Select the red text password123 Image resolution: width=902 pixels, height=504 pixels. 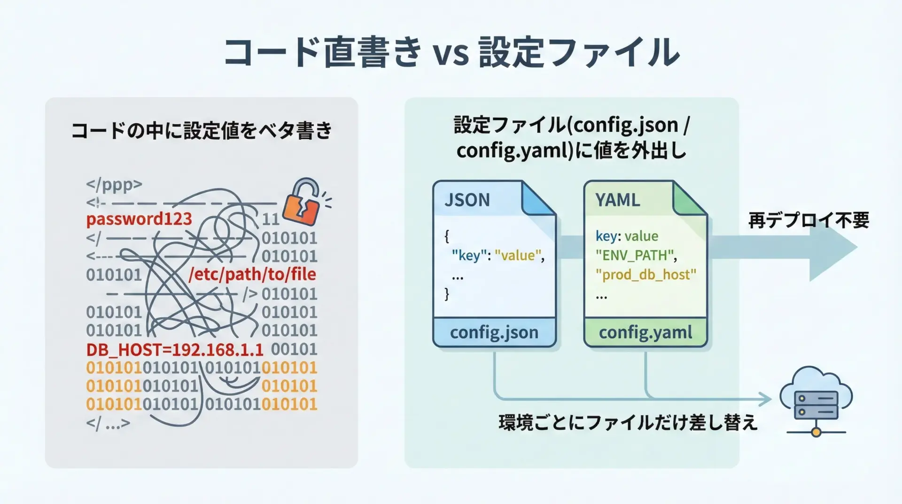(139, 219)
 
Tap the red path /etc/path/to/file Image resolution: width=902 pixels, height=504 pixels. (252, 274)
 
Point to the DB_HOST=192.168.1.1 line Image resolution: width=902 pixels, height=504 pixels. (175, 350)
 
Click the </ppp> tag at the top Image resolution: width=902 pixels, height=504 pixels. (114, 184)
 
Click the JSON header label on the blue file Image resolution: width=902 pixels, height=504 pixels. (467, 200)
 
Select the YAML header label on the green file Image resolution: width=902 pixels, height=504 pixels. (617, 200)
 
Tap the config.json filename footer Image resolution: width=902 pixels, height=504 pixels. (494, 332)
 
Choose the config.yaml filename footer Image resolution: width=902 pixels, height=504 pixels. (645, 332)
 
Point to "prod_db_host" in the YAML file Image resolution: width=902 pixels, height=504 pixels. (645, 275)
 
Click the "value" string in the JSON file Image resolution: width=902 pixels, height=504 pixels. (518, 255)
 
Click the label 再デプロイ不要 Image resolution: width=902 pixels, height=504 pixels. (809, 220)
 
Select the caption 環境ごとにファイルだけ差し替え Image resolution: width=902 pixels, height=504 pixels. (628, 422)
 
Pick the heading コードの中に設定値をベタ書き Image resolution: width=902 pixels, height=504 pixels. (202, 131)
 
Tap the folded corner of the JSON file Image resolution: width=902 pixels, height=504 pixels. (539, 198)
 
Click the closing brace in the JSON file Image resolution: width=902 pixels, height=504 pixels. (447, 294)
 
